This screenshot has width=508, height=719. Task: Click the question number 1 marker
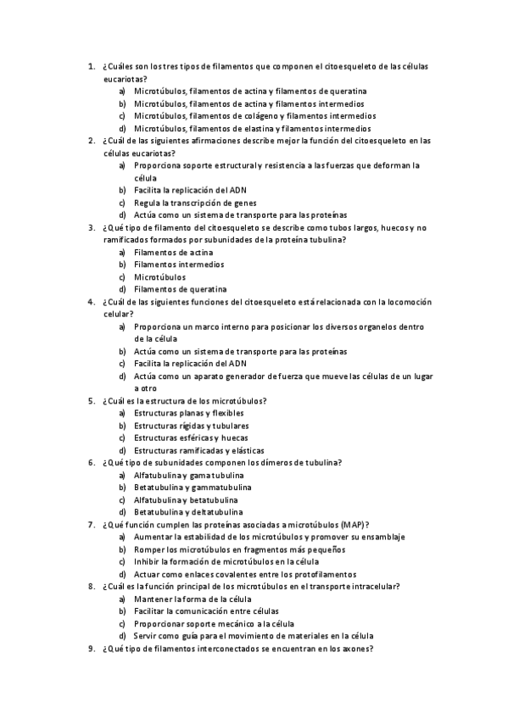[x=90, y=66]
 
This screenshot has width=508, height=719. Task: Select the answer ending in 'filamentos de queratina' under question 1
[x=250, y=91]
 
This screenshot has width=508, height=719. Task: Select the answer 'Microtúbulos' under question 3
[x=159, y=276]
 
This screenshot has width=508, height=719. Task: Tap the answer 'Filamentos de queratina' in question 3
[x=181, y=289]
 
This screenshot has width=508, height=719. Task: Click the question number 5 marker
[x=90, y=400]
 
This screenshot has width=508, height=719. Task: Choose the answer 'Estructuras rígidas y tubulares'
[x=192, y=426]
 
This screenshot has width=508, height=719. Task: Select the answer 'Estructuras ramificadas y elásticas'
[x=199, y=450]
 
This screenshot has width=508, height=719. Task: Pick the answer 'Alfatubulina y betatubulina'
[x=186, y=500]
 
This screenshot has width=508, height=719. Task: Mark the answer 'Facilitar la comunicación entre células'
[x=206, y=610]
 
